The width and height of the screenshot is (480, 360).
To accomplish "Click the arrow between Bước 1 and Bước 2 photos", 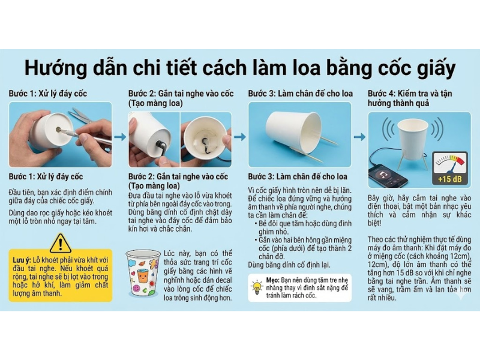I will [x=120, y=137].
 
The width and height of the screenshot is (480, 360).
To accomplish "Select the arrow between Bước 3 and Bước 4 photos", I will [x=359, y=137].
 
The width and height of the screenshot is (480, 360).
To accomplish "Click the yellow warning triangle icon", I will [x=60, y=243].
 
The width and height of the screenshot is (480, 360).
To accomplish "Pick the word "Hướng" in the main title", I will [x=53, y=68].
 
